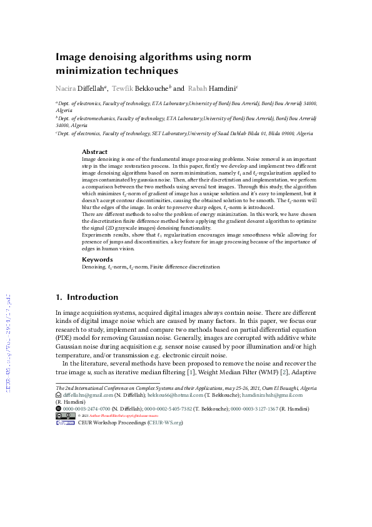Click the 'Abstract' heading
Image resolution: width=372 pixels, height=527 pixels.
click(x=95, y=152)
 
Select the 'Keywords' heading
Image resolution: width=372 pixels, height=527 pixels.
click(x=98, y=259)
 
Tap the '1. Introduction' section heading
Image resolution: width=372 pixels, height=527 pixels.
click(x=87, y=297)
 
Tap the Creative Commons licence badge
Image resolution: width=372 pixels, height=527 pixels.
click(x=66, y=416)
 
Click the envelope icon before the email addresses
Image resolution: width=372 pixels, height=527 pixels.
click(x=59, y=395)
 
